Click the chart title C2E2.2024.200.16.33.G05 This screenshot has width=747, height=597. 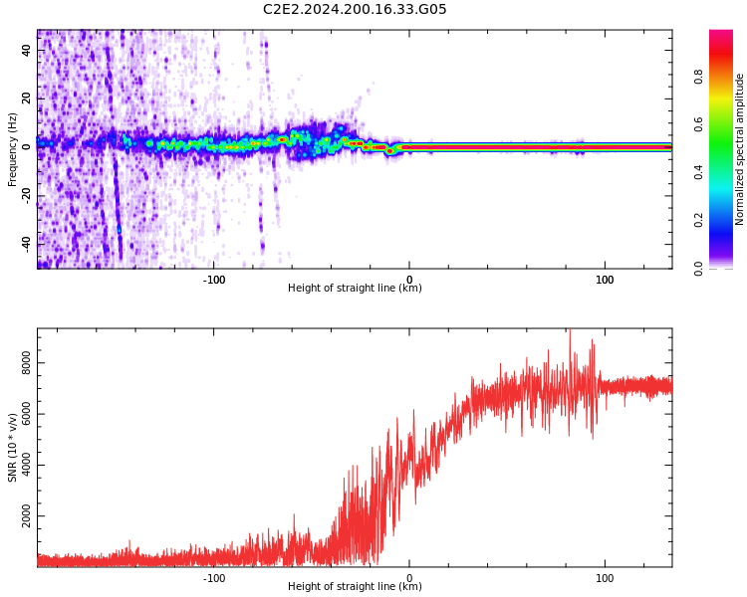tap(355, 10)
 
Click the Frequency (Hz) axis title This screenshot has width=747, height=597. tap(13, 149)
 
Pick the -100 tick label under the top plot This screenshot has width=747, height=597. tap(213, 280)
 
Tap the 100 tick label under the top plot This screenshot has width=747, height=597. tap(605, 280)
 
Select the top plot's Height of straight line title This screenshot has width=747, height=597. tap(355, 289)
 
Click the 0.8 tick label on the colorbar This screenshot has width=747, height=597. tap(727, 76)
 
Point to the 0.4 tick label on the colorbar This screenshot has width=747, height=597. tap(727, 171)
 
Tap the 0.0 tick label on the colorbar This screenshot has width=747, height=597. tap(727, 268)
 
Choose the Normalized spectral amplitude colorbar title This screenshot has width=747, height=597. tap(740, 149)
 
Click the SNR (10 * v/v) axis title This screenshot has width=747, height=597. tap(13, 448)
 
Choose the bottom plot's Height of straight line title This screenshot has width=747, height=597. tap(355, 587)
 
